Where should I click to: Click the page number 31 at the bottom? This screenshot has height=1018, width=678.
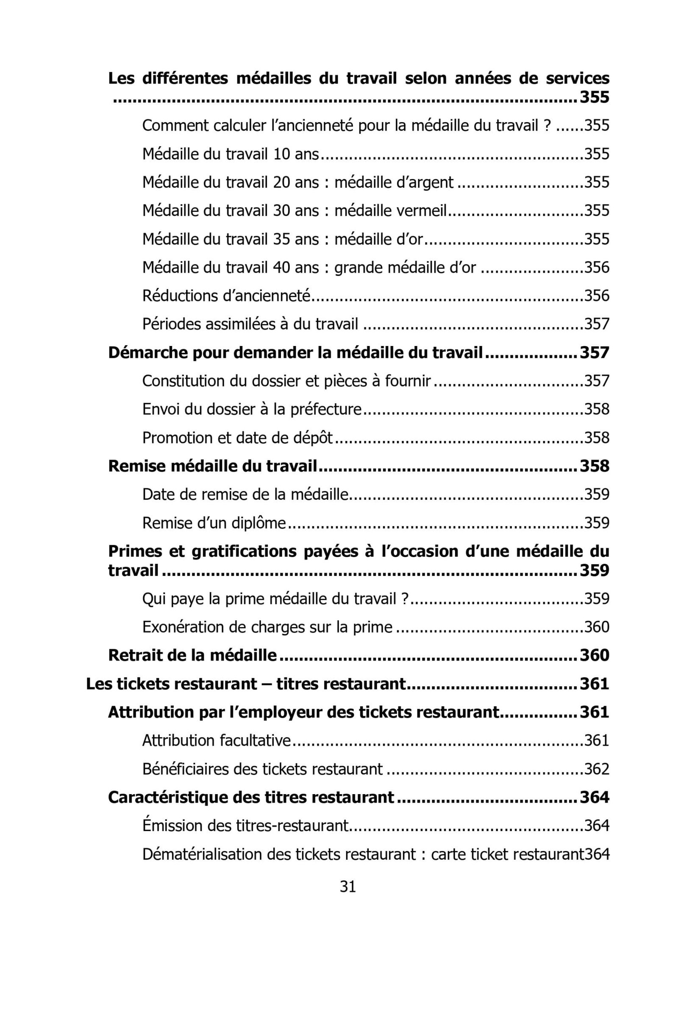pos(347,887)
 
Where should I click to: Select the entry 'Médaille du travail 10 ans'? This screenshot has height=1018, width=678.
pos(230,154)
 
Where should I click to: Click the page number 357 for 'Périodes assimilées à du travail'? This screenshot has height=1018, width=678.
pos(597,324)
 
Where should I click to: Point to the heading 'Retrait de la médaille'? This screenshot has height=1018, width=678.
pos(192,655)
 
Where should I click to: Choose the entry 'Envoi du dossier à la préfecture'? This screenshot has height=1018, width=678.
pos(251,409)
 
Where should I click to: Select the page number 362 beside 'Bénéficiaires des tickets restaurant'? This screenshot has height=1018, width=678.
pos(597,769)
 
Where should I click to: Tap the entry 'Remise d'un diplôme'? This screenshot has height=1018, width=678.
pos(214,523)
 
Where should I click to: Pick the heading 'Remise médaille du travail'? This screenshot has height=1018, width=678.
pos(212,466)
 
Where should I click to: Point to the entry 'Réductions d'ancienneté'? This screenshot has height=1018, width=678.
pos(226,296)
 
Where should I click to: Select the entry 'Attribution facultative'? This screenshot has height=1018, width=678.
pos(216,741)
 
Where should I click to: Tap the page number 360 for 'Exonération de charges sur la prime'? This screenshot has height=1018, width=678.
pos(597,627)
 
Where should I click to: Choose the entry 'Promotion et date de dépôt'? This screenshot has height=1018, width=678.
pos(237,438)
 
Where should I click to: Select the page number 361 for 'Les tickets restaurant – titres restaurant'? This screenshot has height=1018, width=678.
pos(594,684)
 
